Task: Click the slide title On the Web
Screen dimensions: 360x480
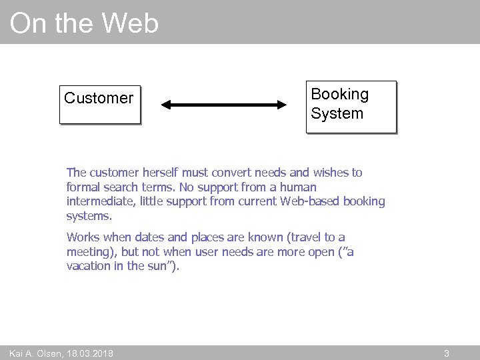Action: tap(84, 23)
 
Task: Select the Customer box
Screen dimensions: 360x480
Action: tap(100, 104)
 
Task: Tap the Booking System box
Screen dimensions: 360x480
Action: tap(351, 106)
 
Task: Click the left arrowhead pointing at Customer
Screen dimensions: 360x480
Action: tap(167, 105)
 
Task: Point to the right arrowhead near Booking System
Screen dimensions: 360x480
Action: tap(281, 105)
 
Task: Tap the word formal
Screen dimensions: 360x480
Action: tap(83, 187)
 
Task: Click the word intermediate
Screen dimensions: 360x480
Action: tap(98, 201)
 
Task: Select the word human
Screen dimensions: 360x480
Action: tap(298, 187)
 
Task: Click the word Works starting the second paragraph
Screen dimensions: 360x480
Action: tap(83, 237)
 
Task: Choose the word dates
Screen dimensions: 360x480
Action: tap(150, 237)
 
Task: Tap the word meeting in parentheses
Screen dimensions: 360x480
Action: tap(89, 251)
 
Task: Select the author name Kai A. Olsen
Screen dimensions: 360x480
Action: tap(33, 353)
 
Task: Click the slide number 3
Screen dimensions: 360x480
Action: tap(447, 353)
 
